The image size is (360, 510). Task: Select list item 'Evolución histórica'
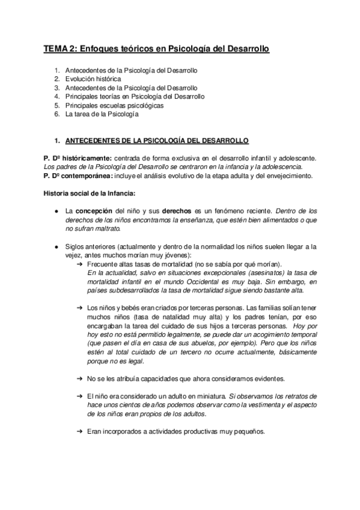(93, 79)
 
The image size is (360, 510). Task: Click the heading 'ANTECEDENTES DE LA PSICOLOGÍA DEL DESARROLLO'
(156, 141)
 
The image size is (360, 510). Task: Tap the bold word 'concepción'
(93, 212)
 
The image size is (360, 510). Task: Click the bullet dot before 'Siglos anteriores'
(55, 247)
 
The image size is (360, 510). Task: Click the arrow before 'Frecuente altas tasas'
(80, 265)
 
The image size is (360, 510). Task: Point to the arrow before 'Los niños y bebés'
(80, 308)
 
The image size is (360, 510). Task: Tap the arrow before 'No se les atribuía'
(80, 378)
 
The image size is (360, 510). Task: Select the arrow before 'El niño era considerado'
(80, 396)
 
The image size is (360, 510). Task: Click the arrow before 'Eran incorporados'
(80, 432)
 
